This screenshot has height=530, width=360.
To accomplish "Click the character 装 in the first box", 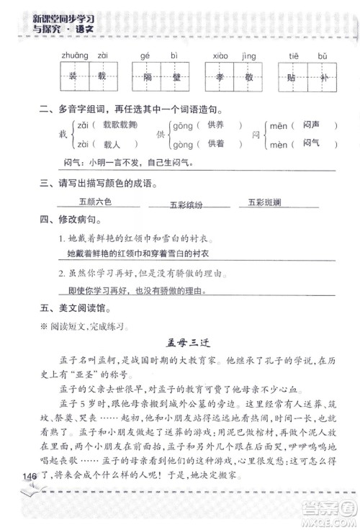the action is pyautogui.click(x=63, y=76).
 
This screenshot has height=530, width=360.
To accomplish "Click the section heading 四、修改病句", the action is pyautogui.click(x=69, y=220).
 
